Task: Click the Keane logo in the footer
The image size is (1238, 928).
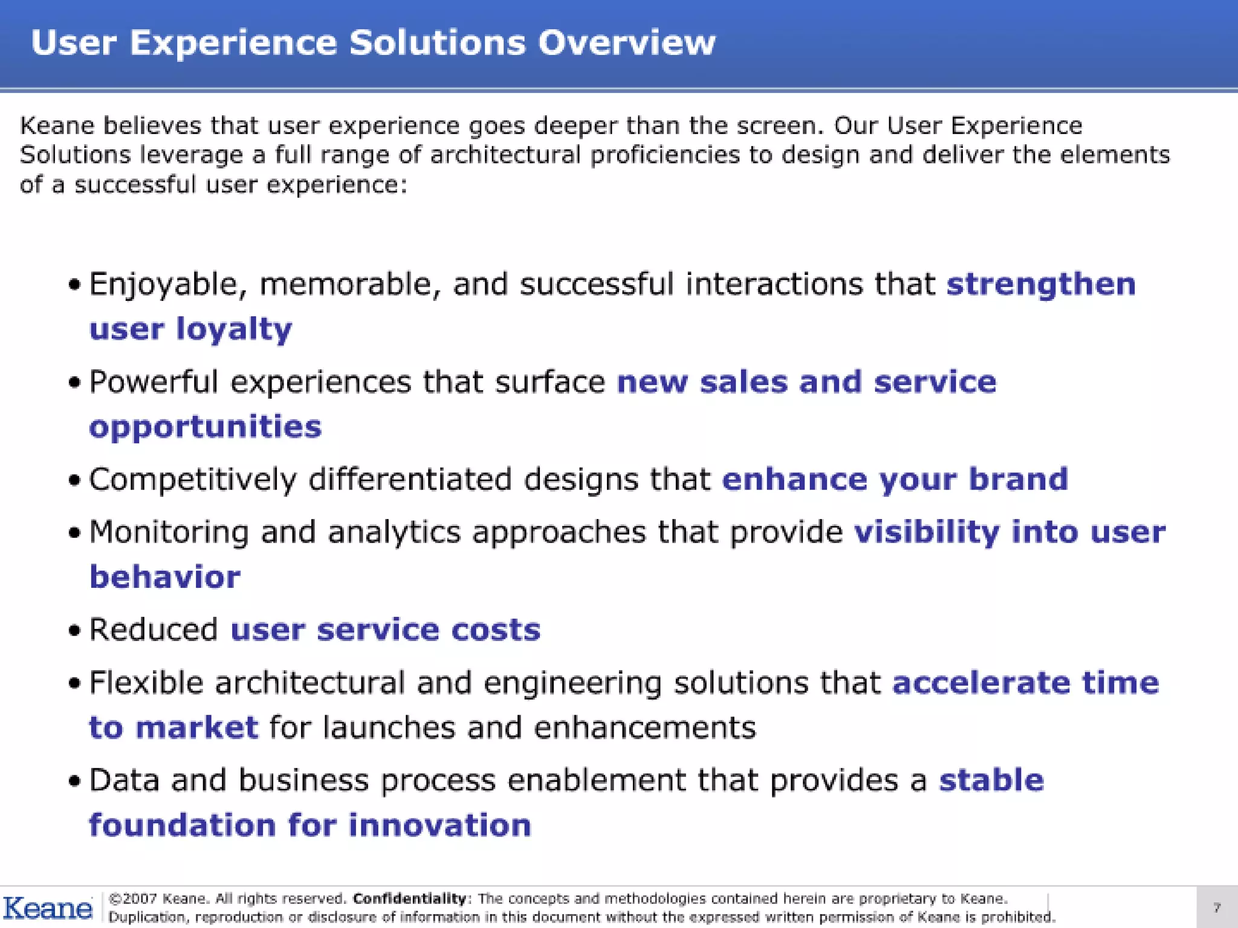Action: coord(48,908)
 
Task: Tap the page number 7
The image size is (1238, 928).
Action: coord(1217,907)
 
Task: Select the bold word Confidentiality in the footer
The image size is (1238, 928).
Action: coord(410,898)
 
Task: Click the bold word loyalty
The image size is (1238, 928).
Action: coord(234,330)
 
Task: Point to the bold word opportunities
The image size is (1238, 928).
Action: coord(206,427)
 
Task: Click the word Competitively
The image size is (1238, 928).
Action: coord(193,480)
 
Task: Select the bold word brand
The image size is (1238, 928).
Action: coord(1019,479)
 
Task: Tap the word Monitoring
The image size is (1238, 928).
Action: coord(169,532)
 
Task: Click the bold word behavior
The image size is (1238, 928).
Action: coord(165,577)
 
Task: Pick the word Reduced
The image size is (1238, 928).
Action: coord(154,630)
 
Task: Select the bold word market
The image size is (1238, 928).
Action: coord(196,727)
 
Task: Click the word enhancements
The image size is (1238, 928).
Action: coord(644,727)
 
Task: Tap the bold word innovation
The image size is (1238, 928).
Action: coord(439,825)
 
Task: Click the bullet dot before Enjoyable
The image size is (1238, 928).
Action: coord(74,285)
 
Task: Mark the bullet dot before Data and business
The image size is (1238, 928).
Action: coord(74,781)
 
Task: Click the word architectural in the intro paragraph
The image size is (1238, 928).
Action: coord(505,155)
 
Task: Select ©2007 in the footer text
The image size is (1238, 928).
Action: coord(132,898)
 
